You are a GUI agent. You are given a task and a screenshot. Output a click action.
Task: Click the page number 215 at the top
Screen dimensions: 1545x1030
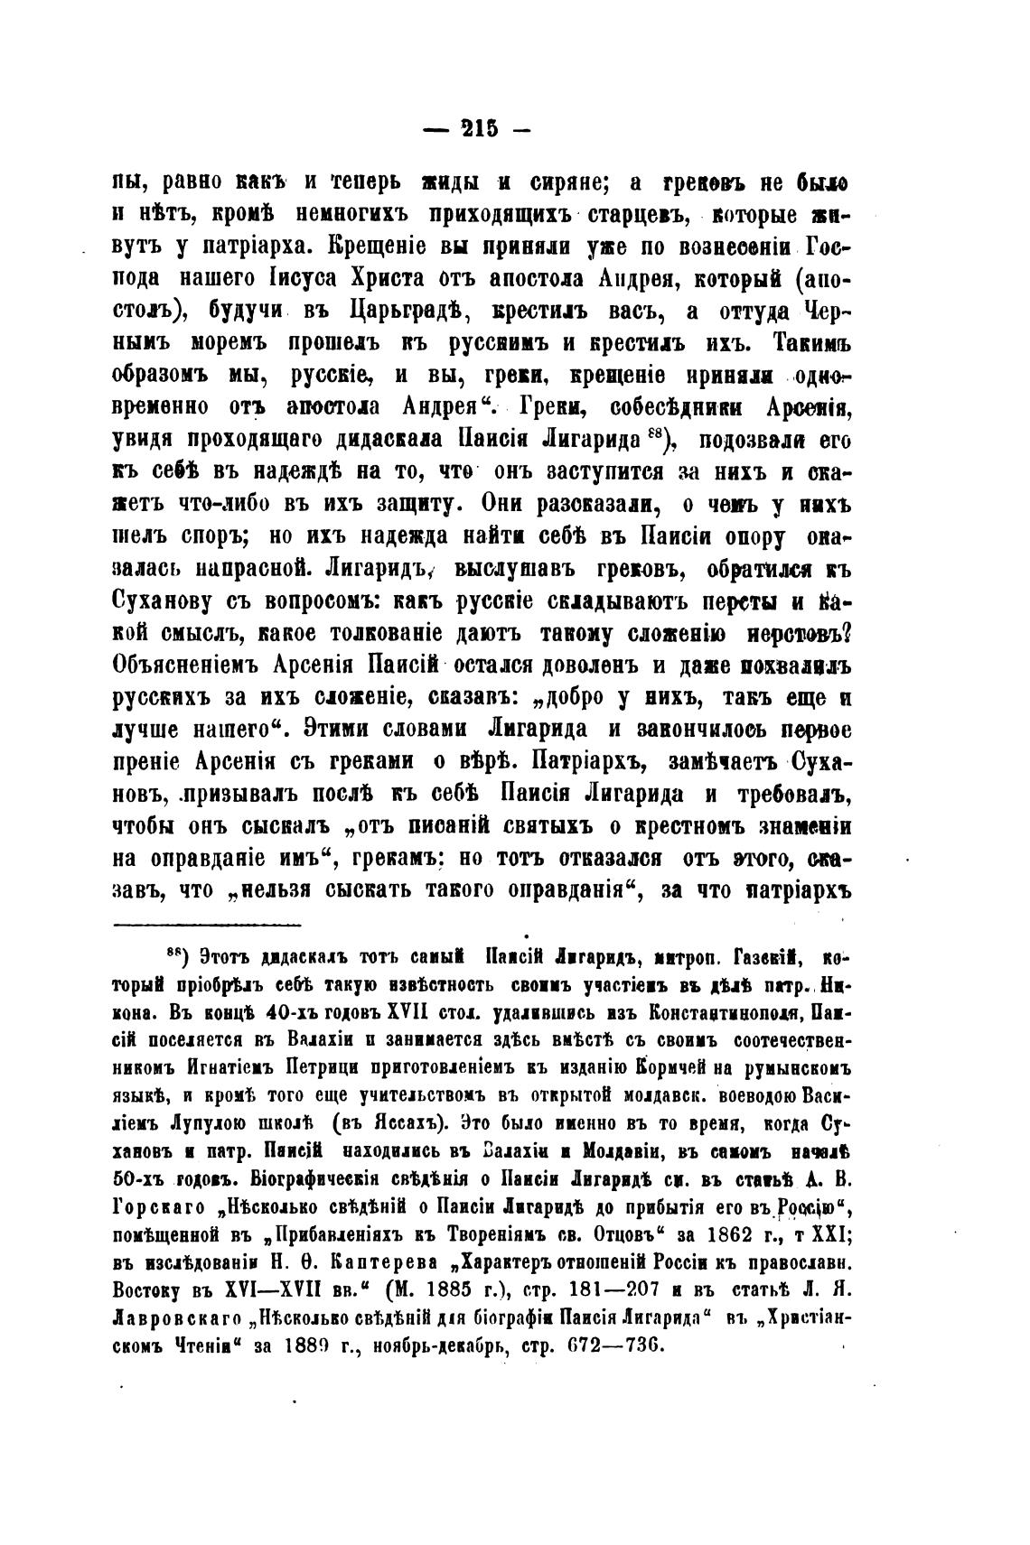(x=479, y=130)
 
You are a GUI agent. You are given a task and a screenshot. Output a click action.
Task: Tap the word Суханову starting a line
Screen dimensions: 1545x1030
(x=168, y=600)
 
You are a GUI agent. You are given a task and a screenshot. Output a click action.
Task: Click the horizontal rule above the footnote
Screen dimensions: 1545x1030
(x=207, y=924)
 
